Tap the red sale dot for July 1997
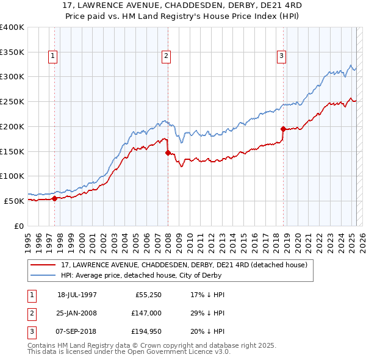coord(55,198)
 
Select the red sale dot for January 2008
coord(168,153)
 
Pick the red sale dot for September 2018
coord(283,129)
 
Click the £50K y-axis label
coord(14,201)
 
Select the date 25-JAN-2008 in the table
coord(77,312)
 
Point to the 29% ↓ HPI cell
coord(207,312)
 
